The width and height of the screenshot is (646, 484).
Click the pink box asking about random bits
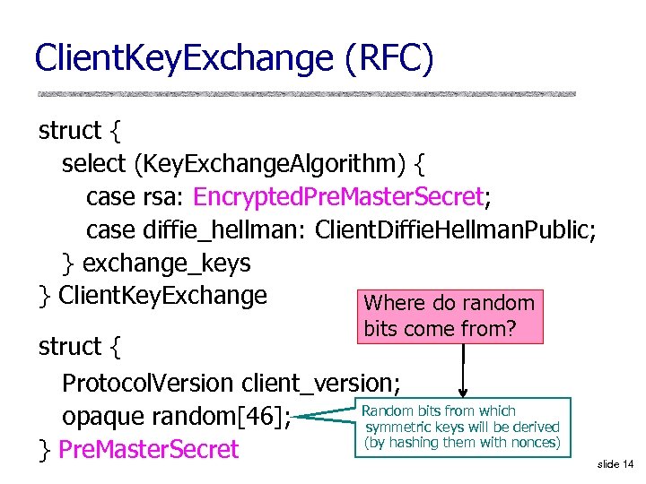pos(450,316)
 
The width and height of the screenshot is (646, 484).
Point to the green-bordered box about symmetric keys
pos(461,427)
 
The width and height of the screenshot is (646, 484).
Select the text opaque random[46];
pos(175,417)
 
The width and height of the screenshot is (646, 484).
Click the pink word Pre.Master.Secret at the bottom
pos(148,449)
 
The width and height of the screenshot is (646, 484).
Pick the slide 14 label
pos(615,463)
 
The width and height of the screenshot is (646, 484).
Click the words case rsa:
pos(136,196)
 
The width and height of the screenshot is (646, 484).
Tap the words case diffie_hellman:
pos(197,229)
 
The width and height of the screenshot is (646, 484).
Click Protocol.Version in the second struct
pos(149,383)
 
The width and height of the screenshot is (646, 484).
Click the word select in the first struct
pos(94,164)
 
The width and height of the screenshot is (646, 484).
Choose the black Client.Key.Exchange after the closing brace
pos(162,295)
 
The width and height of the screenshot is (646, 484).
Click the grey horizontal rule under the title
pos(306,93)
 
